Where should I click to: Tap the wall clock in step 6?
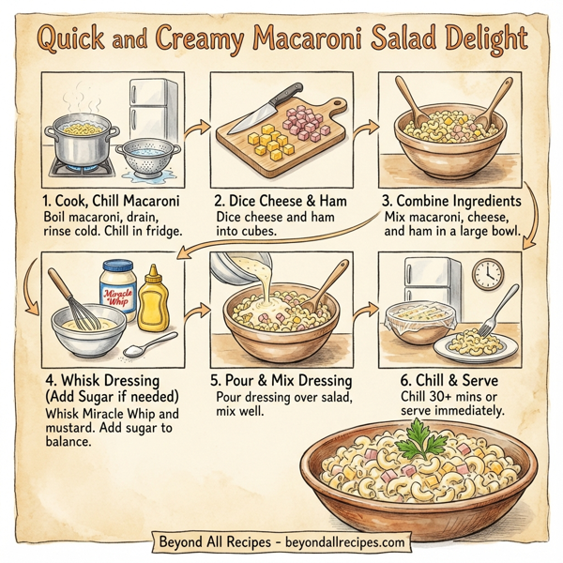tap(487, 274)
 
